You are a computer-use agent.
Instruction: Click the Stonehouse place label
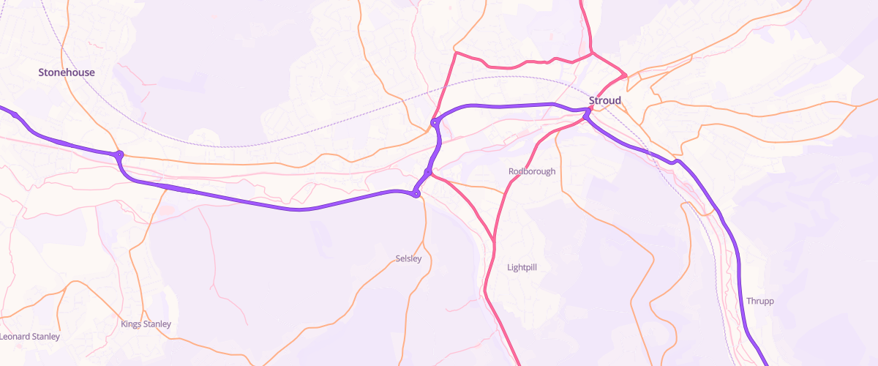point(67,72)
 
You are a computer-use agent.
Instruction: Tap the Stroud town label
point(605,100)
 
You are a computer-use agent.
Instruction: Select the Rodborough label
point(532,171)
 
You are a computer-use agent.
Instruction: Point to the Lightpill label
point(522,267)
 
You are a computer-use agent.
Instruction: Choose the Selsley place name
point(408,258)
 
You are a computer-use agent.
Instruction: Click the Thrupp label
point(760,301)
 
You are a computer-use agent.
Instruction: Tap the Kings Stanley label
point(146,324)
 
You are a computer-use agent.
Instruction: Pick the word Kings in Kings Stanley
point(132,324)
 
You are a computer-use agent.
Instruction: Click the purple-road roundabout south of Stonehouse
point(119,154)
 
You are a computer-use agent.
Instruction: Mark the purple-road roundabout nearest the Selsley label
point(416,194)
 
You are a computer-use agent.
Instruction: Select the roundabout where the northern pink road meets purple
point(435,122)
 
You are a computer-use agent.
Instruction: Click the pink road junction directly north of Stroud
point(593,53)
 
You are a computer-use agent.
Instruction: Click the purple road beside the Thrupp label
point(740,293)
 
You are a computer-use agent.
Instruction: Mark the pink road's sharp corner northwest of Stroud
point(455,53)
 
